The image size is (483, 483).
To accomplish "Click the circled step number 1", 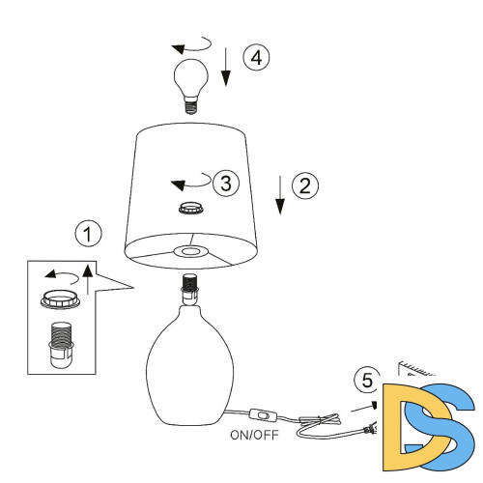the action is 88,234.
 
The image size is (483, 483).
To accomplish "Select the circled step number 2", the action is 305,185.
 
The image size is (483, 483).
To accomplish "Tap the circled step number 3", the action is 226,183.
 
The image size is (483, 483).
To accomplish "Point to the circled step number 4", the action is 256,58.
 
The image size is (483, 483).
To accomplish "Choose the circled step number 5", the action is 367,381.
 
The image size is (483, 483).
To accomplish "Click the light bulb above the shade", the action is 190,86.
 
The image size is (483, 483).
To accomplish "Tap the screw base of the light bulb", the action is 190,107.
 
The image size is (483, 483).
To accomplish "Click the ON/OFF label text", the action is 254,435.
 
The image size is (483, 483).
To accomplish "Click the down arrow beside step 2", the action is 280,195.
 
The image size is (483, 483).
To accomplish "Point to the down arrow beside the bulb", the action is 226,67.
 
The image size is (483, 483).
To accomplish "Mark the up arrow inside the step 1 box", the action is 88,279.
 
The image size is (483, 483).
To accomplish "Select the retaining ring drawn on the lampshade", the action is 191,208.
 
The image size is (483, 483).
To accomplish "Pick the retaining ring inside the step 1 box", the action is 60,299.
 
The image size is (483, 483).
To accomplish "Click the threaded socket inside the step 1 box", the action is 61,345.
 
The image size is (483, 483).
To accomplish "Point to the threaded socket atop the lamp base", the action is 190,289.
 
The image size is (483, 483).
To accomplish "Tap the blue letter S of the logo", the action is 440,427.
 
